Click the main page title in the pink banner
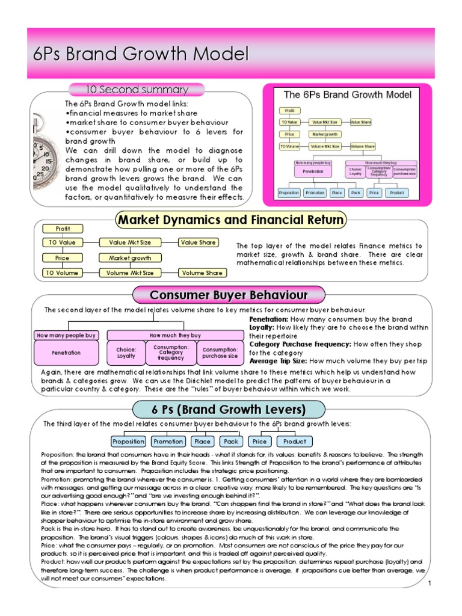point(141,55)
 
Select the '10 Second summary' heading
point(137,90)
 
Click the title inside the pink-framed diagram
point(347,95)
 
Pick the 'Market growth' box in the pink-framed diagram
point(325,134)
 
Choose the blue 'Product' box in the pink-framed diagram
point(396,192)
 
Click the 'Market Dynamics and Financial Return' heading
point(232,220)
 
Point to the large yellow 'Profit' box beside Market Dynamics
point(63,229)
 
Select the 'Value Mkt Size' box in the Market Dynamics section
point(126,242)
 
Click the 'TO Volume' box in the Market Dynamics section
point(63,273)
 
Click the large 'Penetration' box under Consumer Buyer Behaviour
point(66,353)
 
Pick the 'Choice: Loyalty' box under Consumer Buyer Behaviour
point(126,353)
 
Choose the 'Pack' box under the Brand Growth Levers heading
point(232,441)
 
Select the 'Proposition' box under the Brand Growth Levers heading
point(129,441)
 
